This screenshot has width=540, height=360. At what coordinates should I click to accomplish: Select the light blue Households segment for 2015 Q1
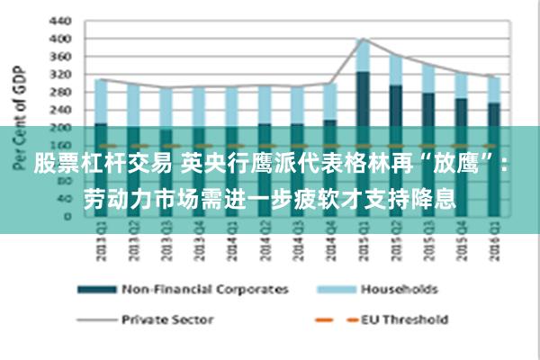(363, 56)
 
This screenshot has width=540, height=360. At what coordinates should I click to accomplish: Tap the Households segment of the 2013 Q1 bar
(101, 102)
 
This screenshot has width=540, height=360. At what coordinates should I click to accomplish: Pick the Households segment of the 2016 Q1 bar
(493, 90)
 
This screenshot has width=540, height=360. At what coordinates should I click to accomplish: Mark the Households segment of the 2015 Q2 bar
(395, 70)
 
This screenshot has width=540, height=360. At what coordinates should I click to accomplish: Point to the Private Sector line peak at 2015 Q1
(363, 39)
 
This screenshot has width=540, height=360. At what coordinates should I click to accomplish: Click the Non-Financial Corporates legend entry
(204, 290)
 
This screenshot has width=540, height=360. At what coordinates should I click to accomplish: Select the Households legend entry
(399, 290)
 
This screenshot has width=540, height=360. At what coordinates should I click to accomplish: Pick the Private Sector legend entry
(167, 319)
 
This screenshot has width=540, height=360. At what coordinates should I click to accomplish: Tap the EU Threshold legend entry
(404, 319)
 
